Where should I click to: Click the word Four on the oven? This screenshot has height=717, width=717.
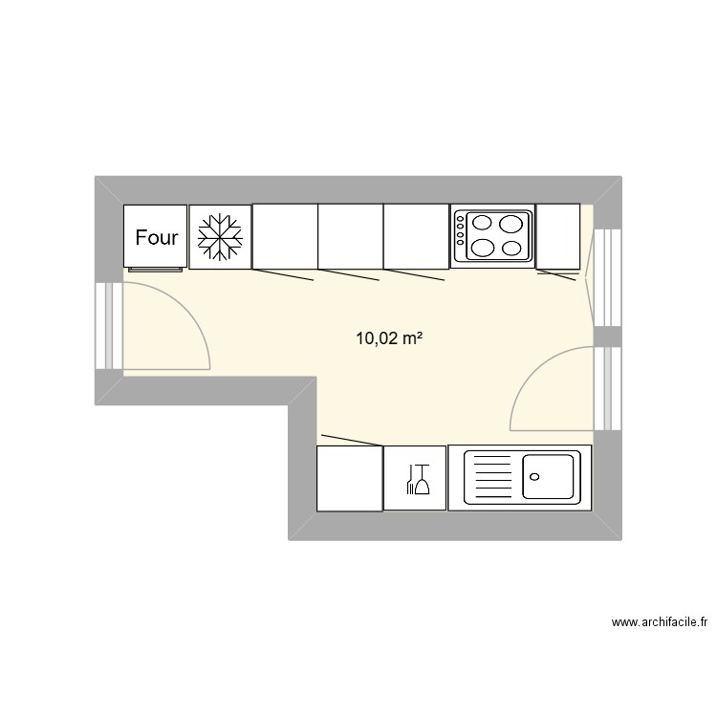156,237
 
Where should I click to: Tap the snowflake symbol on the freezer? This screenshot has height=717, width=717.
221,236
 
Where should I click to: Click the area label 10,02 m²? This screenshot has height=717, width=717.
389,337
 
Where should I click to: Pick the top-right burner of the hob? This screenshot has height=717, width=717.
513,227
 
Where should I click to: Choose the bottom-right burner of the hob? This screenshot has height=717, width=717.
513,249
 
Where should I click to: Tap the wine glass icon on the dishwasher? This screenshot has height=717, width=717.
422,479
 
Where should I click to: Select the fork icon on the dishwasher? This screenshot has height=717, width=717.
409,479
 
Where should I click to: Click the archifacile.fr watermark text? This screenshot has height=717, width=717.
660,622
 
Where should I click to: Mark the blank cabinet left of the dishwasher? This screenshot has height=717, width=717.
350,477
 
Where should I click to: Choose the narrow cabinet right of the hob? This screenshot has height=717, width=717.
557,236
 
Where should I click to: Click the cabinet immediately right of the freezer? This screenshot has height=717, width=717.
285,236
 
